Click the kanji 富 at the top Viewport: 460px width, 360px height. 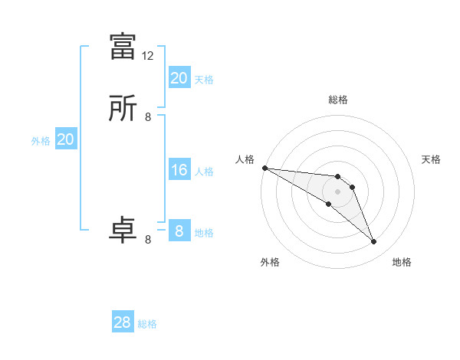click(x=123, y=47)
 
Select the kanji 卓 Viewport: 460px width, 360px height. click(x=123, y=231)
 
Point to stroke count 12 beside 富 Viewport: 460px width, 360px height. click(x=148, y=56)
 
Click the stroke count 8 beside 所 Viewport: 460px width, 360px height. click(x=148, y=117)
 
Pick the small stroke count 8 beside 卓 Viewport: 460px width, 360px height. click(x=148, y=240)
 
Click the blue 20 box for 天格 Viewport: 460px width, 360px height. click(x=179, y=78)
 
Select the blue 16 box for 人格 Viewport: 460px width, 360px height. click(x=179, y=170)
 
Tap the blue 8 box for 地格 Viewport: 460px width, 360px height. click(x=179, y=231)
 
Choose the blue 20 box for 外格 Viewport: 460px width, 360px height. click(x=66, y=139)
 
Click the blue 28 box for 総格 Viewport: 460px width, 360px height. click(x=123, y=322)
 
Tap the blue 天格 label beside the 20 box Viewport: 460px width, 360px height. click(x=204, y=79)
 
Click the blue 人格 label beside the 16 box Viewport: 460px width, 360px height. click(x=204, y=171)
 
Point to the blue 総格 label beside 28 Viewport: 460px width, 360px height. click(x=147, y=324)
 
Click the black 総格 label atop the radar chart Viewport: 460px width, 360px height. click(x=338, y=100)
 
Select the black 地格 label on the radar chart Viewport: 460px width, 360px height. click(x=402, y=262)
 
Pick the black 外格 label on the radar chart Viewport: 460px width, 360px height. click(x=270, y=262)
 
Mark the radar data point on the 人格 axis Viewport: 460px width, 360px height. click(x=264, y=167)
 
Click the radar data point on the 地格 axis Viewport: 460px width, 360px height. click(x=373, y=242)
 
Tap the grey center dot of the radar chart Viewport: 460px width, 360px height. click(x=337, y=191)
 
